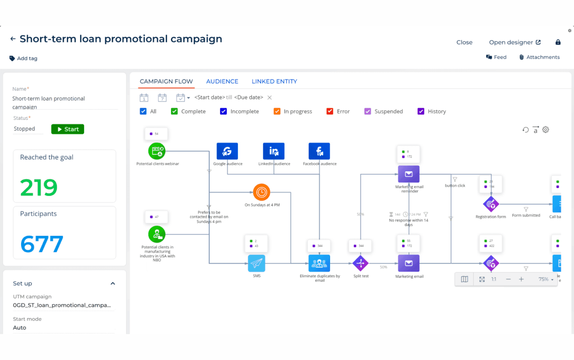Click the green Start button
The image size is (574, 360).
coord(67,129)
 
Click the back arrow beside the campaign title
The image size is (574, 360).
coord(13,39)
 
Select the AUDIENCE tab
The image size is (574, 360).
coord(222,81)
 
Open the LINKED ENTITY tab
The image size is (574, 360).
coord(274,81)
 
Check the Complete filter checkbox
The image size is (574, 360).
coord(174,111)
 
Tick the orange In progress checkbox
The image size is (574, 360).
coord(277,111)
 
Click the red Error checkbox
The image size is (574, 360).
coord(330,111)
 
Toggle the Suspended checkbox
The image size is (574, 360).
coord(368,111)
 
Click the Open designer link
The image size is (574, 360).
coord(514,42)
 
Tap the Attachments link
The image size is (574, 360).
coord(540,57)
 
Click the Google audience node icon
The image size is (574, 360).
coord(227,151)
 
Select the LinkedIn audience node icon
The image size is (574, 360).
coord(274,151)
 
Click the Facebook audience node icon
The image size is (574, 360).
coord(319,151)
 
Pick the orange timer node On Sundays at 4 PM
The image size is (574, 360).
coord(262,192)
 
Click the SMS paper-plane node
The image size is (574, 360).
coord(257,264)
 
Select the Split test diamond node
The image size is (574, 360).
coord(361,264)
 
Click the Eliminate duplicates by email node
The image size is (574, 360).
coord(319,264)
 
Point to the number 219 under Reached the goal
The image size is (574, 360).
coord(39,188)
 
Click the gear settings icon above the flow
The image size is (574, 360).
coord(546,130)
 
